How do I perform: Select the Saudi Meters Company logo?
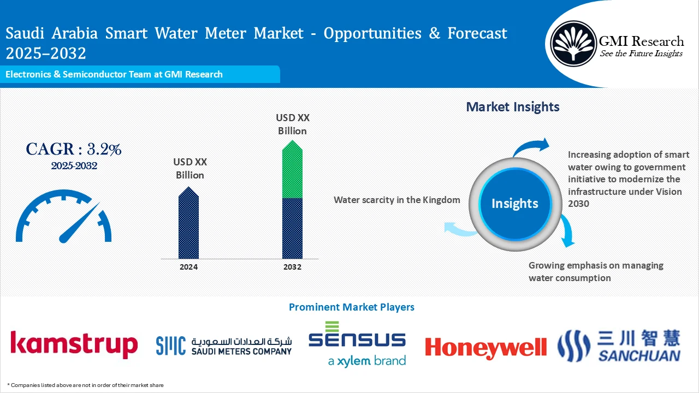click(x=224, y=346)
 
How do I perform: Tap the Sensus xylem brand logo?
click(x=357, y=344)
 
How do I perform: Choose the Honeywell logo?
click(x=485, y=347)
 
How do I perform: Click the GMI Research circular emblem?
click(x=573, y=43)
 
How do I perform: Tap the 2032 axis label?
click(x=292, y=267)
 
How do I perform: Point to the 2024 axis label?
click(x=188, y=267)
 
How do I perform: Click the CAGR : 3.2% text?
click(x=74, y=149)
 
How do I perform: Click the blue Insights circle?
click(x=514, y=204)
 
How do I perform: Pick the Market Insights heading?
click(x=512, y=107)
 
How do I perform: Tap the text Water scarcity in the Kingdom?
click(x=396, y=200)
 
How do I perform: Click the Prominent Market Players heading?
click(x=351, y=307)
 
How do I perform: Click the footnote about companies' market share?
click(x=85, y=385)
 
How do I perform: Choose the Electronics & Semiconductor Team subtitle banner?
click(x=114, y=74)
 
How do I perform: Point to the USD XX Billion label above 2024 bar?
click(x=189, y=169)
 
